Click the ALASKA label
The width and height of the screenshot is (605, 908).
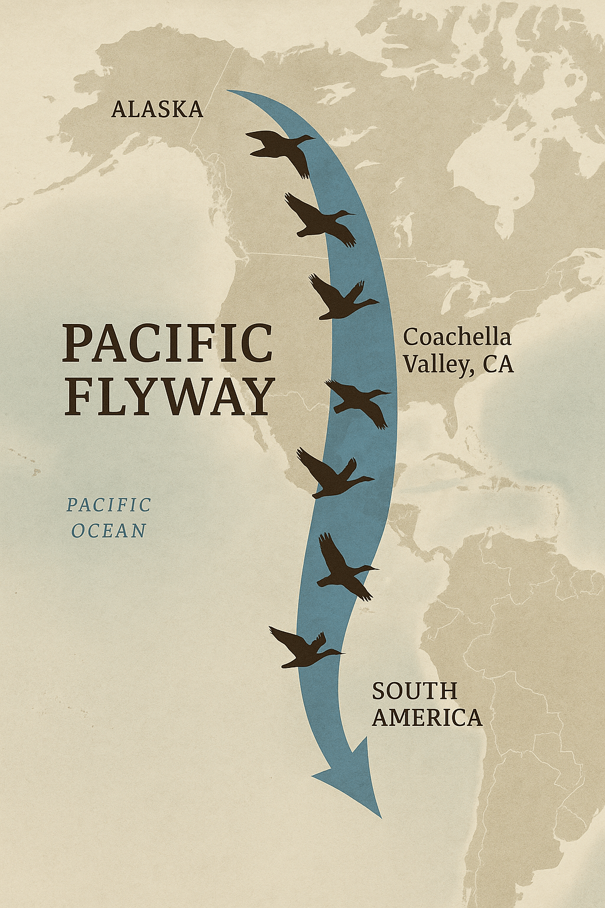click(157, 109)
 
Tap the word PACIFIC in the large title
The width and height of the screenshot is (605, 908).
click(168, 343)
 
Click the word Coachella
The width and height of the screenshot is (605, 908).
click(457, 338)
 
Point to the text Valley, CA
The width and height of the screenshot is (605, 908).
click(458, 364)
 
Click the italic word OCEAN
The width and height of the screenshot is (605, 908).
click(109, 531)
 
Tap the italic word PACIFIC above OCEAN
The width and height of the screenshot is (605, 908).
click(109, 505)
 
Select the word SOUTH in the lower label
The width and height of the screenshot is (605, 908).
click(415, 691)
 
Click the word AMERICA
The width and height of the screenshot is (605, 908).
click(427, 718)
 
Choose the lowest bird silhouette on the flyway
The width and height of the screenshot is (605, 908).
click(304, 648)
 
